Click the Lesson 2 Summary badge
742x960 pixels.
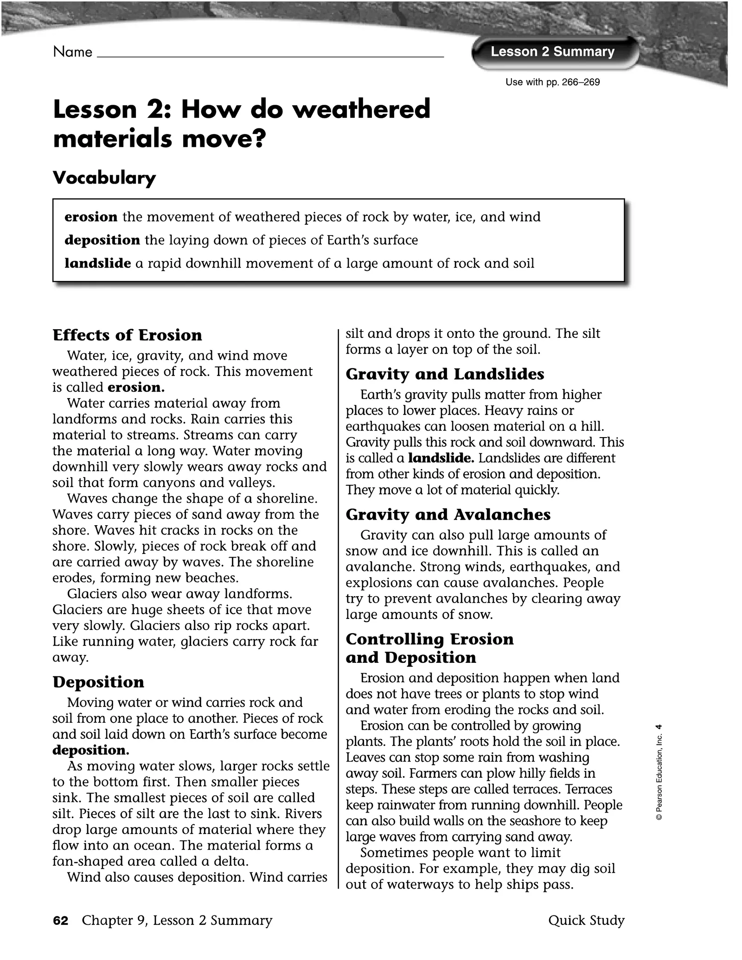click(552, 52)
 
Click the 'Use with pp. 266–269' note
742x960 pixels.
click(552, 83)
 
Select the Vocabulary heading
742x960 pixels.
click(104, 178)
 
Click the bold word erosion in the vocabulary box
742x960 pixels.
click(91, 217)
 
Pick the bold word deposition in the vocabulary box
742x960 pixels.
click(102, 240)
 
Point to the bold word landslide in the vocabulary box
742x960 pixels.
click(97, 263)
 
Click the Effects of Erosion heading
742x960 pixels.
click(128, 335)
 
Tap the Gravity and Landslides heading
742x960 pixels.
click(445, 374)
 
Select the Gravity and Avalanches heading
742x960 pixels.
click(448, 515)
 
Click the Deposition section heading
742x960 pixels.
click(98, 682)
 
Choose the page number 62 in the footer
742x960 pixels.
click(61, 921)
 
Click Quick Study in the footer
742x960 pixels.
click(586, 921)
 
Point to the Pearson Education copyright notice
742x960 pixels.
click(659, 772)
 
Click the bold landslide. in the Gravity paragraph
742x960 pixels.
click(441, 458)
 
